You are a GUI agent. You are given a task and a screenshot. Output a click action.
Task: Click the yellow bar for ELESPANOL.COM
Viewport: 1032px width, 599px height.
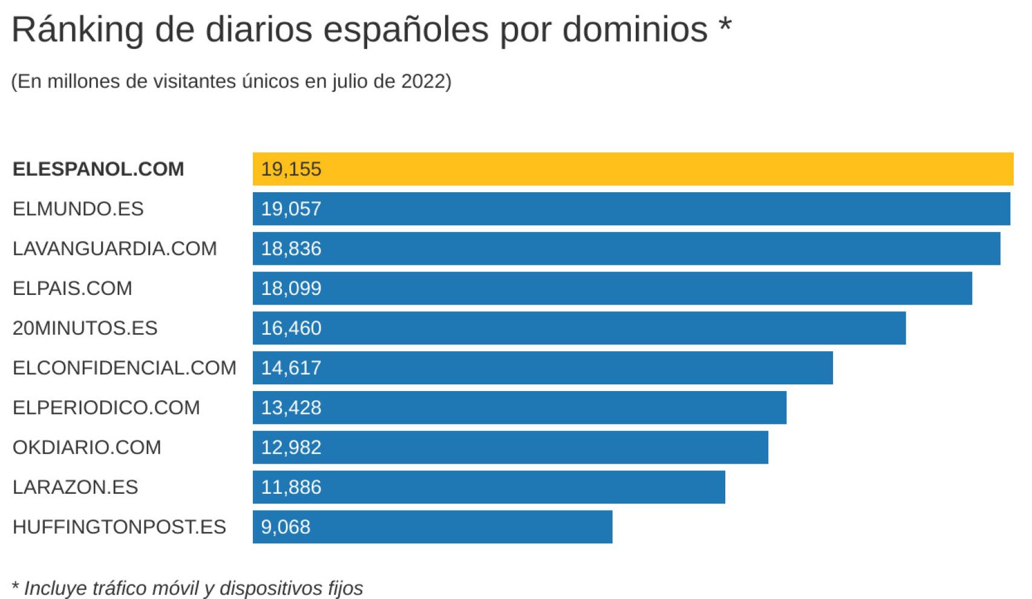pyautogui.click(x=633, y=169)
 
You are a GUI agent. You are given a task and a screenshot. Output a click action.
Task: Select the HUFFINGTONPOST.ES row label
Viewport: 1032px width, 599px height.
pyautogui.click(x=119, y=526)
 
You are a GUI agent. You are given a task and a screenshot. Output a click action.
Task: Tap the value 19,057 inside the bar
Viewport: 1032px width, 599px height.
pyautogui.click(x=291, y=209)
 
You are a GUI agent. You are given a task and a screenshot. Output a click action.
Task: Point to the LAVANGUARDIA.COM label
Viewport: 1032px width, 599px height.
pyautogui.click(x=114, y=248)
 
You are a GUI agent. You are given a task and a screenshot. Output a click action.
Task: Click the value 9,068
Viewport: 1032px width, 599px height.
pyautogui.click(x=286, y=526)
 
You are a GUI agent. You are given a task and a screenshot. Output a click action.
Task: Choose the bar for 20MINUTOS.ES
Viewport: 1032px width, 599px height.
pyautogui.click(x=579, y=328)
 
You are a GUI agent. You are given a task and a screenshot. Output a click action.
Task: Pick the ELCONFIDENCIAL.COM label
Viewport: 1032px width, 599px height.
pyautogui.click(x=124, y=367)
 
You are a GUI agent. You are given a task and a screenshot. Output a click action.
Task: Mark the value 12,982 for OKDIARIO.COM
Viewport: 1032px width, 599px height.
pyautogui.click(x=291, y=447)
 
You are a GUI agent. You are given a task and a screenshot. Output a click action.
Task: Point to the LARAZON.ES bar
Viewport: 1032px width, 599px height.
pyautogui.click(x=489, y=487)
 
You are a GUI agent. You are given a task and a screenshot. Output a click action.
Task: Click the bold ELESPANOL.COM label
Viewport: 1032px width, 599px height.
pyautogui.click(x=98, y=169)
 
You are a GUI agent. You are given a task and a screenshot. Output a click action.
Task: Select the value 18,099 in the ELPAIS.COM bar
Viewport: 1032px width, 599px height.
pyautogui.click(x=291, y=288)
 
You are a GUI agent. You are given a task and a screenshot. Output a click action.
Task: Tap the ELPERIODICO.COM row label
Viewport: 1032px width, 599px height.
pyautogui.click(x=106, y=407)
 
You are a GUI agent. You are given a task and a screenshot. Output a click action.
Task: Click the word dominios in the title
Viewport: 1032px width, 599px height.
pyautogui.click(x=635, y=29)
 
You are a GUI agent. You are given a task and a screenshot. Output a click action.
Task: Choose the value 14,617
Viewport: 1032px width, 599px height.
pyautogui.click(x=291, y=367)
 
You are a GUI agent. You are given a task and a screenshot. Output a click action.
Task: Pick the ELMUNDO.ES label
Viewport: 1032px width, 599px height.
pyautogui.click(x=78, y=209)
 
